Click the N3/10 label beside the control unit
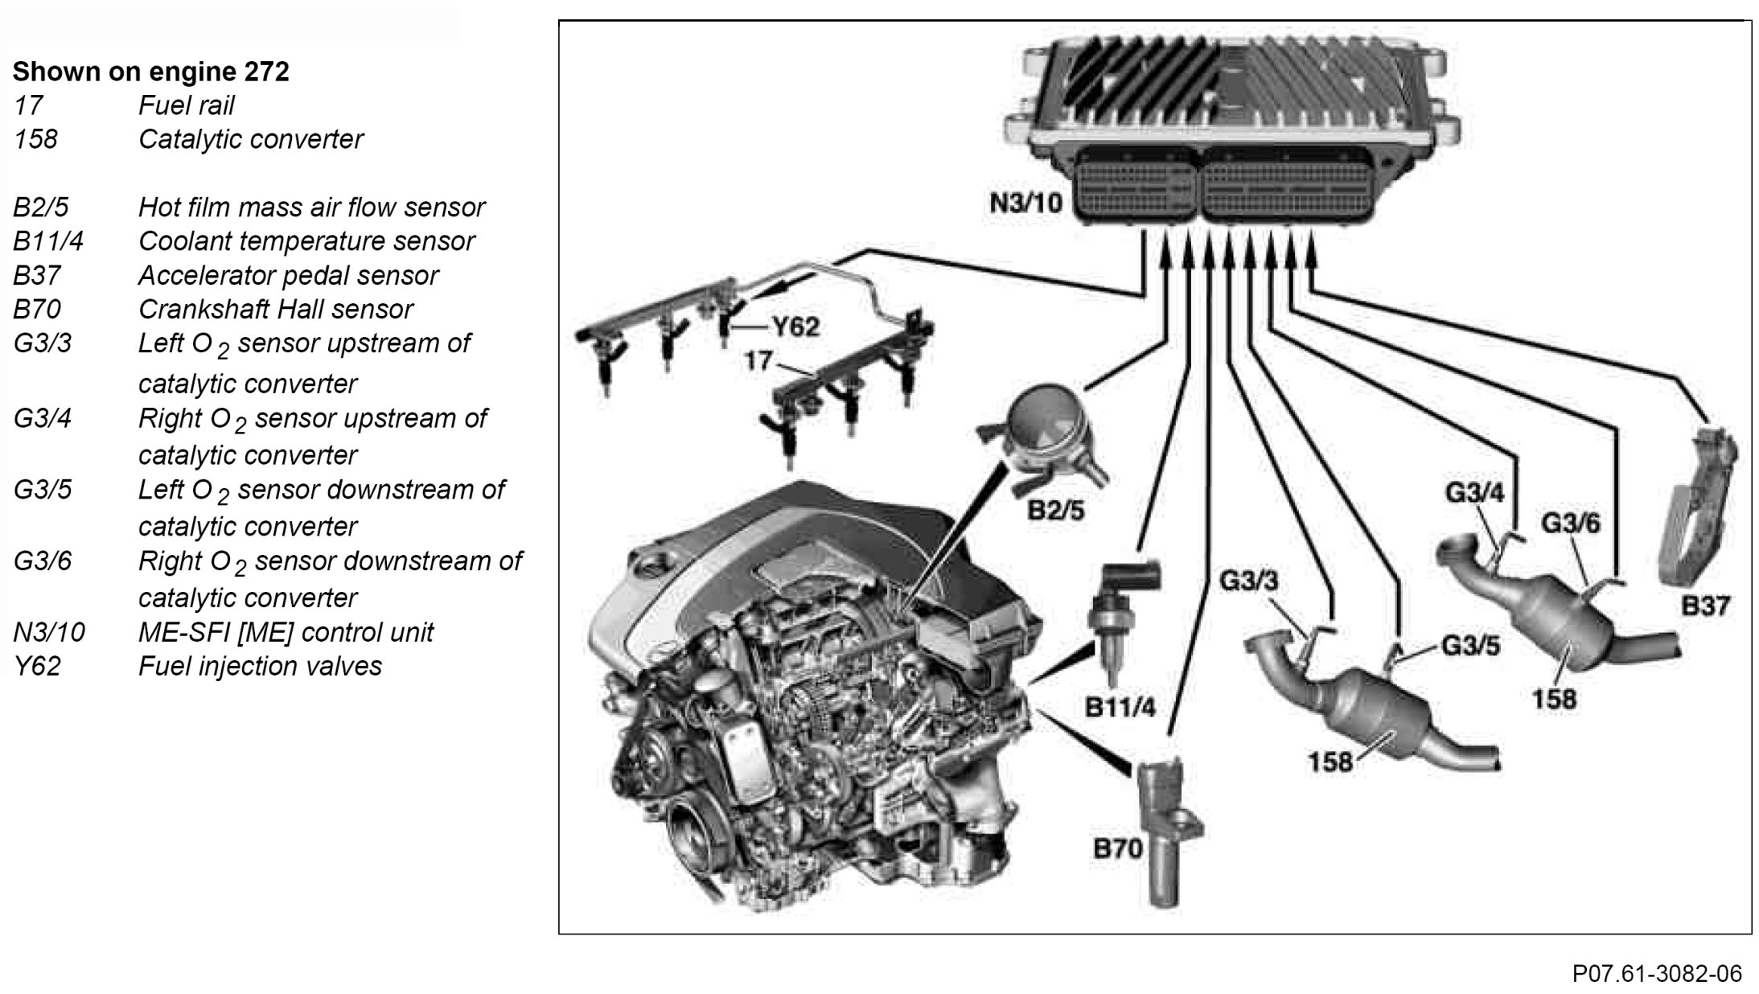(1025, 202)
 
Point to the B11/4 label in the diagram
(1120, 707)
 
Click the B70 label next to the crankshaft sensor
(1117, 848)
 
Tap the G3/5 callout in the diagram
(1470, 645)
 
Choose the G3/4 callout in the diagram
(1474, 491)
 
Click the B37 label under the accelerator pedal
(1706, 605)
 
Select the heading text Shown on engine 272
(150, 72)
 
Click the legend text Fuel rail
(186, 105)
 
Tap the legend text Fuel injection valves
(260, 666)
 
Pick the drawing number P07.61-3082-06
(1657, 973)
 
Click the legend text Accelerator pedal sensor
(288, 275)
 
